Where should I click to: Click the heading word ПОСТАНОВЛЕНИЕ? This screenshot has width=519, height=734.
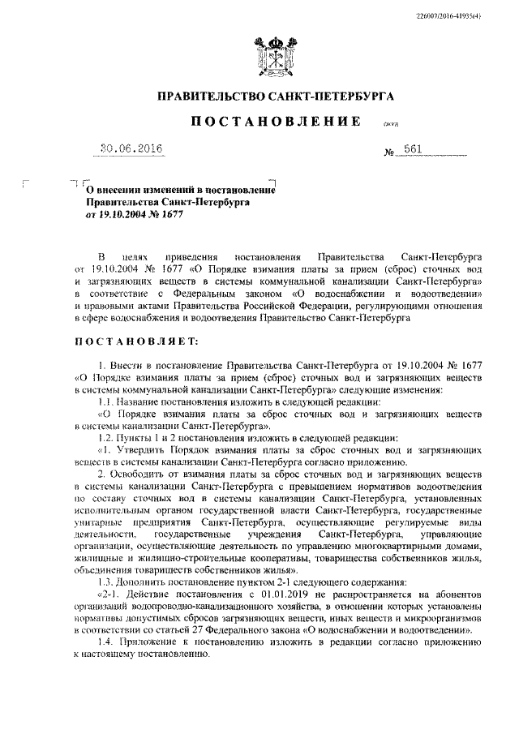275,122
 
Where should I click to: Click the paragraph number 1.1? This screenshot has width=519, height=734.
107,402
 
